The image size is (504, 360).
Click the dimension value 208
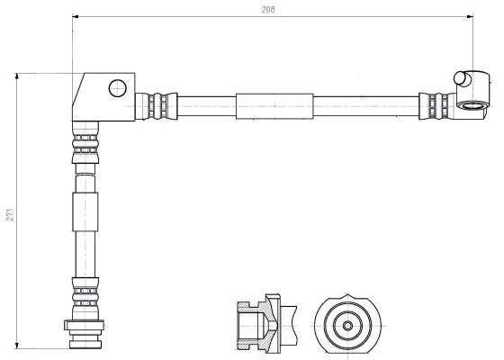click(268, 10)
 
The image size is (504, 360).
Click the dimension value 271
click(10, 214)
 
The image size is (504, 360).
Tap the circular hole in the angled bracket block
click(118, 88)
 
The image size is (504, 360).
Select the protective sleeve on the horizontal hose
click(274, 106)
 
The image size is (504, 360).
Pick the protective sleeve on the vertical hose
click(85, 211)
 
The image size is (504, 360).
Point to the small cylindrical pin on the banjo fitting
click(462, 79)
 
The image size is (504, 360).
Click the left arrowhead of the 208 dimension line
click(76, 16)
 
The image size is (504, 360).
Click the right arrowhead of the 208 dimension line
click(470, 16)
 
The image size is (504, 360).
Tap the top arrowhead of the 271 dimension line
click(17, 76)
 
